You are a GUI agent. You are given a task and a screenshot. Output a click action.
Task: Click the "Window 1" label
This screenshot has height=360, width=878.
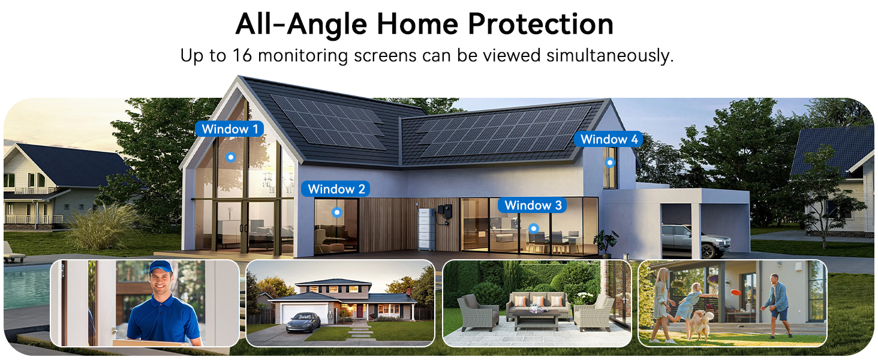(x=230, y=129)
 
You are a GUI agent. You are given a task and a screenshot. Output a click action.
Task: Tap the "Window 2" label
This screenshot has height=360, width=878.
(x=336, y=189)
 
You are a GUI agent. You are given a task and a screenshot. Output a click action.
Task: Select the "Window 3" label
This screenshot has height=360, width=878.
(x=533, y=205)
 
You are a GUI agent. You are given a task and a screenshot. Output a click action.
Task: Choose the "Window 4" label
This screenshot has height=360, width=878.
(x=609, y=139)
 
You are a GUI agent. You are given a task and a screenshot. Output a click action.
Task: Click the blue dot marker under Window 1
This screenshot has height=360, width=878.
(x=230, y=157)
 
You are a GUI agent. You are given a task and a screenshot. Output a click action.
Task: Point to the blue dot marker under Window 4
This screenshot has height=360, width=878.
(x=610, y=162)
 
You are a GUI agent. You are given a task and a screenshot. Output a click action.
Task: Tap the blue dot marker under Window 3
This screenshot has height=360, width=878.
(x=533, y=228)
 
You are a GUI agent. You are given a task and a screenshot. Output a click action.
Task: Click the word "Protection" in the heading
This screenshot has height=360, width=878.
(x=540, y=24)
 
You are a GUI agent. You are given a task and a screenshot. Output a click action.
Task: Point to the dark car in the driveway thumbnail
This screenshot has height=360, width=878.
(x=303, y=322)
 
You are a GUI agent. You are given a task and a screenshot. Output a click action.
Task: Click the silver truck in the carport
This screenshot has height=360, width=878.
(x=696, y=240)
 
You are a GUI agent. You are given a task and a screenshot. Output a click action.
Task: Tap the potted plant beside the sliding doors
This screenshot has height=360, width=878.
(x=606, y=243)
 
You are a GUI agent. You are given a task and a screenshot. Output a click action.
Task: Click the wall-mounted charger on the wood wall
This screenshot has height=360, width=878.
(x=444, y=212)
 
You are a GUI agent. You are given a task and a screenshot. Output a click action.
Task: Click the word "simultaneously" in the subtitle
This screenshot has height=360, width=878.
(x=609, y=56)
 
